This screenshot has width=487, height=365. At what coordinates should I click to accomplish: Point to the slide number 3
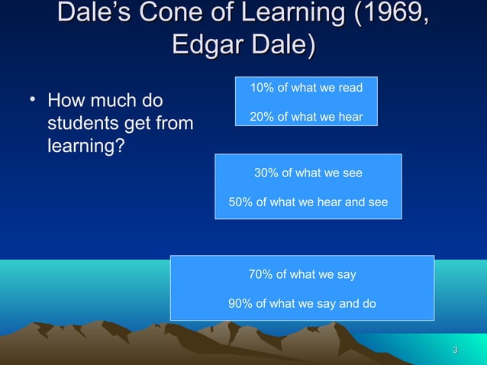tap(455, 350)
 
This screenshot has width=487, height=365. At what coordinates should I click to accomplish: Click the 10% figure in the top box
tap(262, 89)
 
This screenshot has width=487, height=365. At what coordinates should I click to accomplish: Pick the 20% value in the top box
tap(262, 117)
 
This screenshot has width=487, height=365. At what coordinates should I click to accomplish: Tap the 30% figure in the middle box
tap(266, 173)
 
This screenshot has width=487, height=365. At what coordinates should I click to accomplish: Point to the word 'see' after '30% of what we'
tap(353, 173)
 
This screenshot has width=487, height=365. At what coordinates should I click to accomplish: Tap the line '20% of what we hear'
tap(306, 117)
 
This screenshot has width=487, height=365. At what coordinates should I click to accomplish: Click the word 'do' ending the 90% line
tap(369, 303)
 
